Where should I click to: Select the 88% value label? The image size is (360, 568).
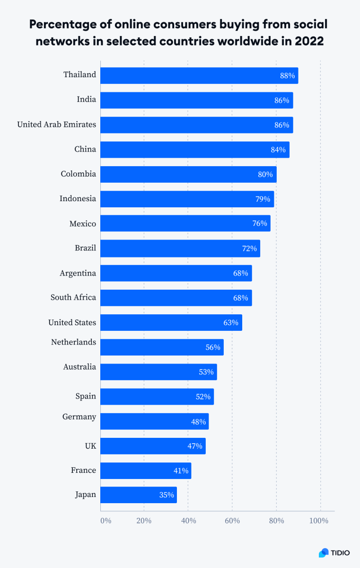click(287, 76)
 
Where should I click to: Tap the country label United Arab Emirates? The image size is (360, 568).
click(56, 124)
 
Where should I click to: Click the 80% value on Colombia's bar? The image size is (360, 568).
click(265, 174)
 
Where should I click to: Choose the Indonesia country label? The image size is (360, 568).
click(78, 198)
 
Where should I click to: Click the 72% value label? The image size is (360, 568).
click(249, 248)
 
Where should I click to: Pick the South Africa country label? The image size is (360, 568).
click(73, 297)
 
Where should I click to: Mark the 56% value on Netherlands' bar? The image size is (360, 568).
click(213, 347)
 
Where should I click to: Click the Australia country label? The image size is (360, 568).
click(79, 367)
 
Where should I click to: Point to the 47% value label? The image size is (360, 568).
click(194, 446)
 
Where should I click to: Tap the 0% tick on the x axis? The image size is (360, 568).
click(105, 521)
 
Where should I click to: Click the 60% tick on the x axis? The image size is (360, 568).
click(232, 521)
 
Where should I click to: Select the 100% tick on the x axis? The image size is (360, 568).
click(319, 521)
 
